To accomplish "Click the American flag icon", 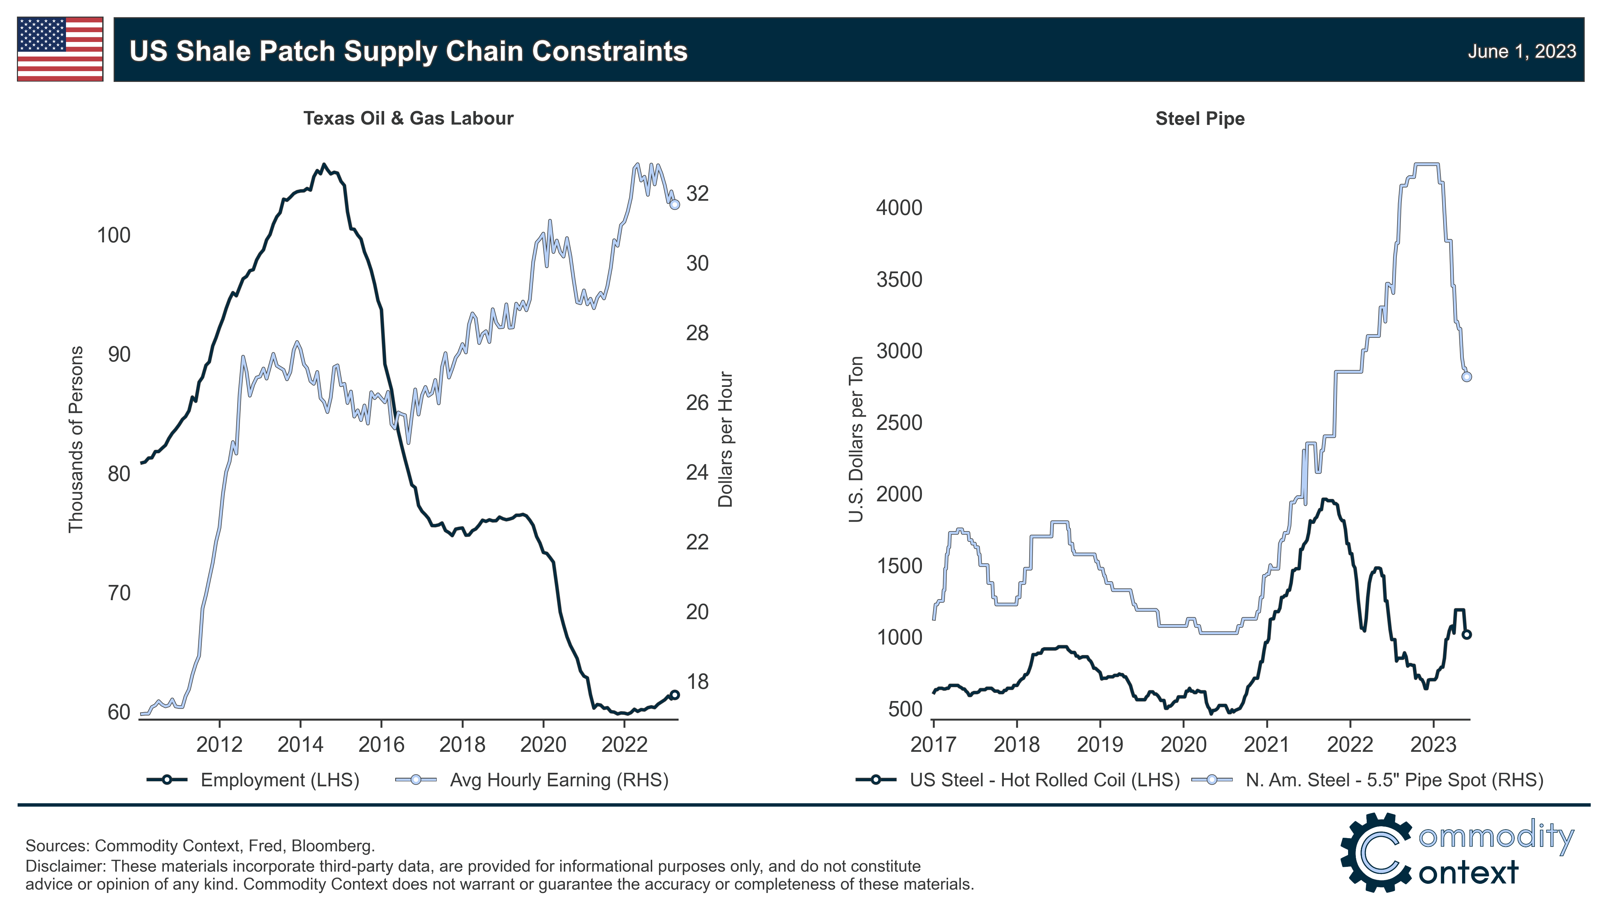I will [60, 49].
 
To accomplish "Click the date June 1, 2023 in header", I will [1521, 51].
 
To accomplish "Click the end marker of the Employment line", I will [675, 695].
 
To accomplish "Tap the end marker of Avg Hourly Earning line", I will [675, 204].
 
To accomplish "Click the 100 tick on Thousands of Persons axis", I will [113, 235].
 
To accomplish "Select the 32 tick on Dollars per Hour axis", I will [697, 194].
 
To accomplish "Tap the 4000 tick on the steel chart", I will [899, 207].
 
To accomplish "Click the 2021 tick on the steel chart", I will [1266, 745].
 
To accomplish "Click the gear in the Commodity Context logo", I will [1376, 852].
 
